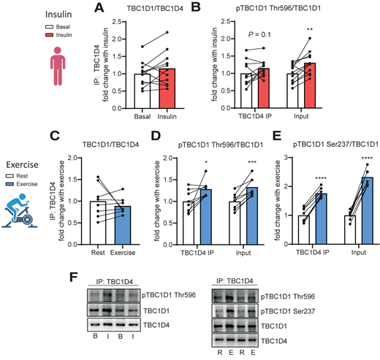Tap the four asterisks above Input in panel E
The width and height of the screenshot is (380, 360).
347,156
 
